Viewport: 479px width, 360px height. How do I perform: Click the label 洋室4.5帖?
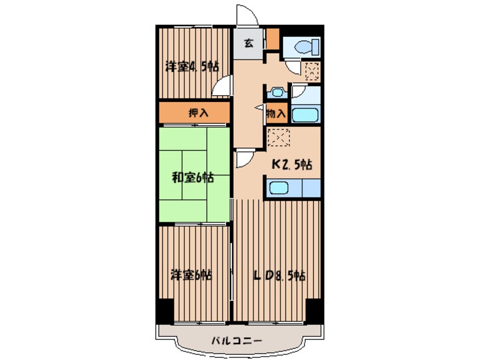tap(192, 67)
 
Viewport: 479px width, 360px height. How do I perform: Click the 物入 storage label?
tap(276, 114)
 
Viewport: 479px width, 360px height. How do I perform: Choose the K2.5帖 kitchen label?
tap(292, 165)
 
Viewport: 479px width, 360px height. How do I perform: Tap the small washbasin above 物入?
tap(277, 93)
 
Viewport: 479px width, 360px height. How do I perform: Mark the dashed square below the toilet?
tap(312, 71)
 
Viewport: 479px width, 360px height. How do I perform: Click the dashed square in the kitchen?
tap(279, 138)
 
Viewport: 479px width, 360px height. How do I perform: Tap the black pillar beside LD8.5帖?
tap(313, 309)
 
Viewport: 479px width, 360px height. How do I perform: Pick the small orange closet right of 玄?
tap(272, 39)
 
